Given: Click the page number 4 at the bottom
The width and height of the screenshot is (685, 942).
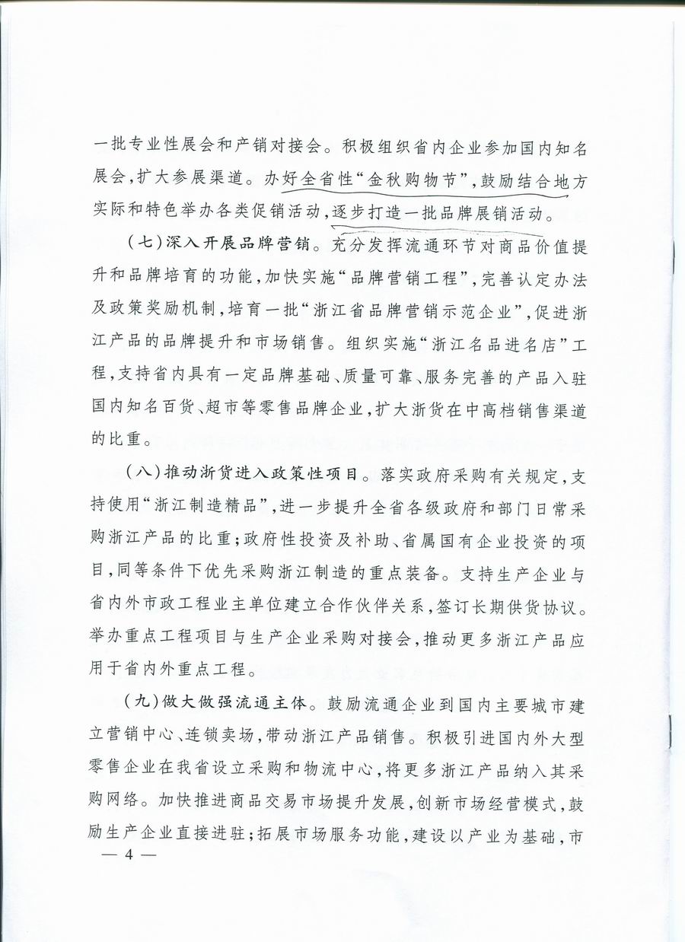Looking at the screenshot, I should click(x=129, y=854).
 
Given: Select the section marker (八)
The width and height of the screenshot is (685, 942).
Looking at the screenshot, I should click(x=140, y=472).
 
